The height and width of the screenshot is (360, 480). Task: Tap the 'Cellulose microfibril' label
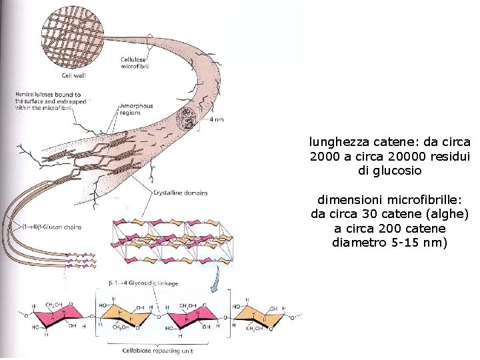click(x=135, y=62)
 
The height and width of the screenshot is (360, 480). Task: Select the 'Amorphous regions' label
click(x=136, y=109)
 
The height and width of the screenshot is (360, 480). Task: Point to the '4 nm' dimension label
click(x=215, y=120)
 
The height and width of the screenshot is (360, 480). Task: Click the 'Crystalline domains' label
click(x=180, y=193)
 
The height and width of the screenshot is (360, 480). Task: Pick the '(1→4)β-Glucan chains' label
click(x=53, y=227)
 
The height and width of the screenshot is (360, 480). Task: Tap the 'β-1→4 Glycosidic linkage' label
click(x=143, y=283)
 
